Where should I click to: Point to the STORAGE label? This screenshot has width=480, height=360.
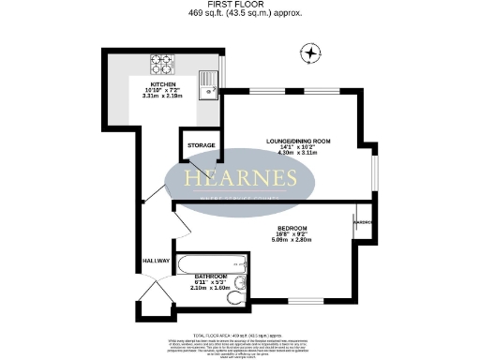click(x=201, y=146)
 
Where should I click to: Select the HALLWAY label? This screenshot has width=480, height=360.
click(x=156, y=260)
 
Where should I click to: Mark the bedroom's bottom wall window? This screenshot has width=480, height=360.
click(x=300, y=300)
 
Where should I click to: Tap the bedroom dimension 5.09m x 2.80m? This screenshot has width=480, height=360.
click(x=287, y=240)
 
